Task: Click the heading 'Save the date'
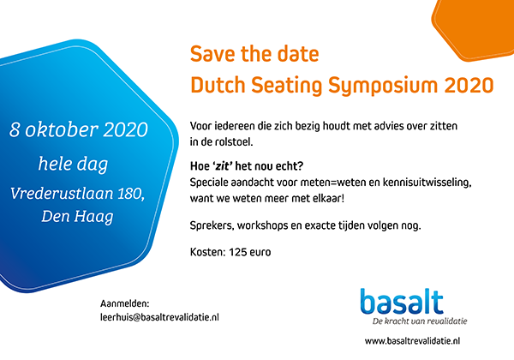tap(254, 54)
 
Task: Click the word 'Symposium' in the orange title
tap(383, 86)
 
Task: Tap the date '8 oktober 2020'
tap(78, 129)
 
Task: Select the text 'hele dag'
tap(73, 164)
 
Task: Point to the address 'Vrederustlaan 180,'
tap(77, 194)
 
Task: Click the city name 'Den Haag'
tap(77, 217)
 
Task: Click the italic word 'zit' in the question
tap(223, 166)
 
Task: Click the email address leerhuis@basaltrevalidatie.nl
tap(159, 317)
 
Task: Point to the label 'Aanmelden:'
tap(124, 303)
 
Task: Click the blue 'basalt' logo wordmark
tap(402, 302)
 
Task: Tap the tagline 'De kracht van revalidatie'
tap(420, 321)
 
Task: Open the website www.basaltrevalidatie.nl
tap(412, 341)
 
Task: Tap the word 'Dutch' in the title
tap(218, 85)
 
